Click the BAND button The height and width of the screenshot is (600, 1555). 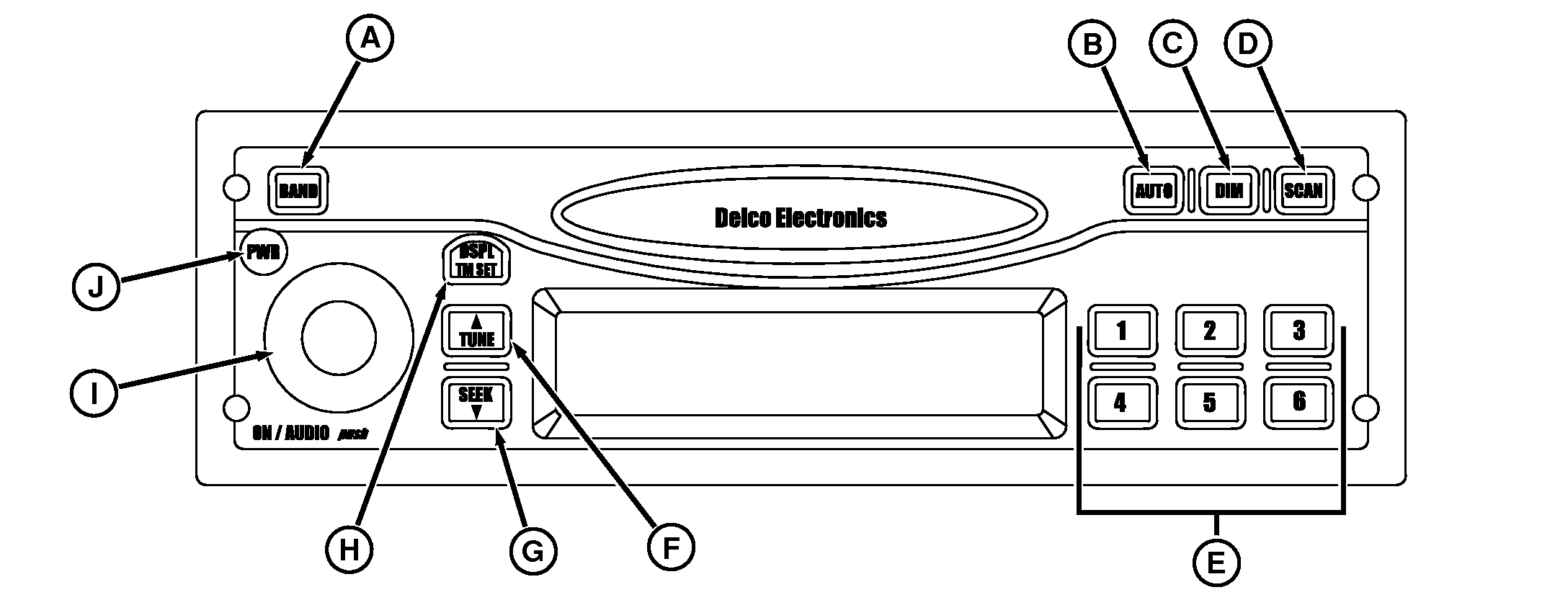(298, 191)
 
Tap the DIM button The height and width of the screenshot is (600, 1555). (1229, 191)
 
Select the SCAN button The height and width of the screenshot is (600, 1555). (1303, 191)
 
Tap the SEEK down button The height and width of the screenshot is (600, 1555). (476, 403)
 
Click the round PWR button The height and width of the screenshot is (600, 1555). (262, 253)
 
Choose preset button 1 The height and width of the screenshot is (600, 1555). (1121, 331)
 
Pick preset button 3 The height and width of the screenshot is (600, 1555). (1298, 331)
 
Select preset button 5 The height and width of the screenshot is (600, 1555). (1210, 402)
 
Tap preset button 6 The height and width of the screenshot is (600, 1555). (1298, 401)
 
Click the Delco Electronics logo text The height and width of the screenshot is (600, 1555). (800, 218)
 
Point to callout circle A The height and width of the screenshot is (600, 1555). (370, 38)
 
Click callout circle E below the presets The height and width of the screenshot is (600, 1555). (1216, 563)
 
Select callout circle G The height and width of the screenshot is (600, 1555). (533, 552)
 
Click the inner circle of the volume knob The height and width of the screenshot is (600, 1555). (339, 339)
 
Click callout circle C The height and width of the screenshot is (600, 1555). (1172, 43)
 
